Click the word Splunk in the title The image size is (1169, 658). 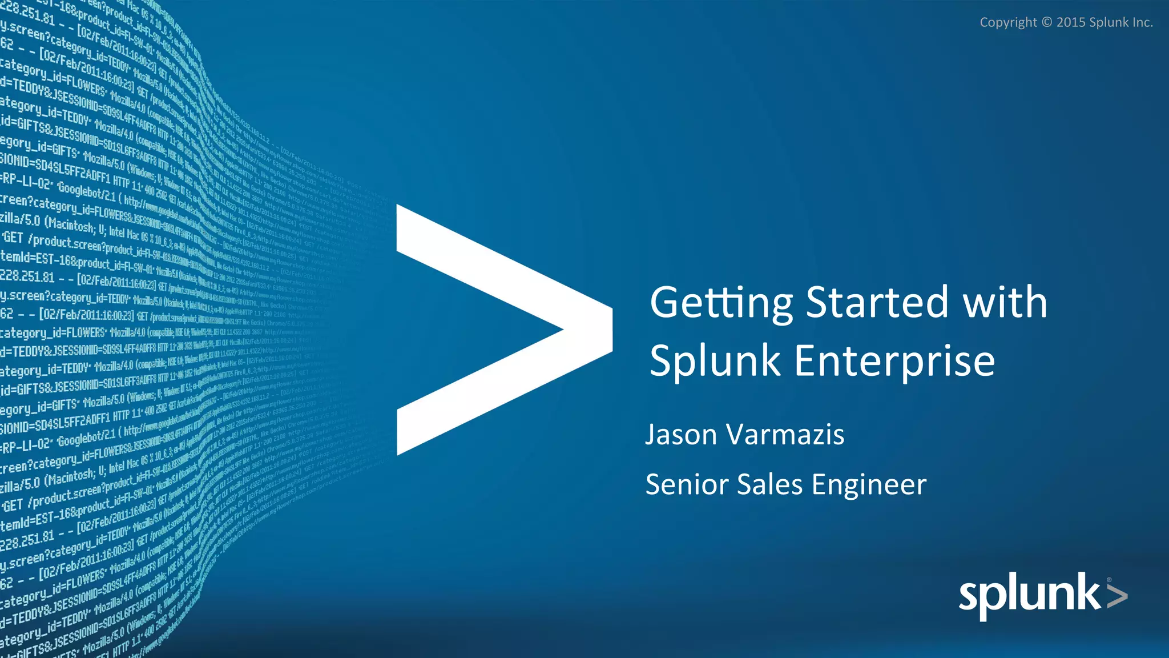pyautogui.click(x=715, y=362)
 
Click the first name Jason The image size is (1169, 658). pyautogui.click(x=681, y=435)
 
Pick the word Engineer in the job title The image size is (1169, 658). pyautogui.click(x=869, y=485)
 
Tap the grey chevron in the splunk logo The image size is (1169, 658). pyautogui.click(x=1117, y=596)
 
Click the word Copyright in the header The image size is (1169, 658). pyautogui.click(x=1008, y=23)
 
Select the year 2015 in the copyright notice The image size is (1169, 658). pyautogui.click(x=1071, y=23)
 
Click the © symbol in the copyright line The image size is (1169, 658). pyautogui.click(x=1046, y=23)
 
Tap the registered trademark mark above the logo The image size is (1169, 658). pyautogui.click(x=1108, y=580)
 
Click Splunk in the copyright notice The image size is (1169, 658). pyautogui.click(x=1108, y=23)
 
